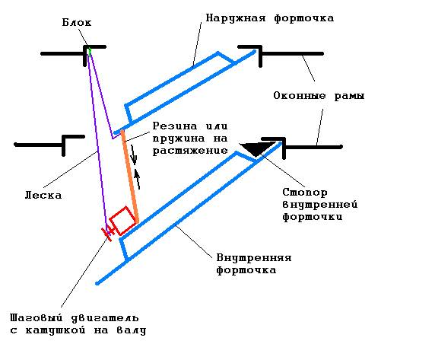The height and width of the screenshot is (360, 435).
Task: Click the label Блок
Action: (x=77, y=23)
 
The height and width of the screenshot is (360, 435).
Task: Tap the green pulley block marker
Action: (x=89, y=51)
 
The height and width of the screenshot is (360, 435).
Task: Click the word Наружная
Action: (x=236, y=18)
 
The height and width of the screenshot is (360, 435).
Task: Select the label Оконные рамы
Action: (x=319, y=96)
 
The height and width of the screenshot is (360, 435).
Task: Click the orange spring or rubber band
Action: (x=129, y=177)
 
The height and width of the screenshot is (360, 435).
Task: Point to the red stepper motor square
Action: (x=124, y=221)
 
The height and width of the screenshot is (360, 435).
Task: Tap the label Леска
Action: (x=43, y=195)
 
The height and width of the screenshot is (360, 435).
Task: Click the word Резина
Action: (x=175, y=126)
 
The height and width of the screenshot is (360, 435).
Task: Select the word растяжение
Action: (x=190, y=151)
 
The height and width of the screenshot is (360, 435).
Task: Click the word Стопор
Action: (x=305, y=193)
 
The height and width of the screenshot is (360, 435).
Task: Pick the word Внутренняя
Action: (x=254, y=258)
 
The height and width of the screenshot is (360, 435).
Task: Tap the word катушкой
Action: (x=56, y=330)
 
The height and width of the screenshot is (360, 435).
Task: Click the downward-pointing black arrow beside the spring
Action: (x=134, y=155)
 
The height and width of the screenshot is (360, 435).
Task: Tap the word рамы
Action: (x=349, y=96)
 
